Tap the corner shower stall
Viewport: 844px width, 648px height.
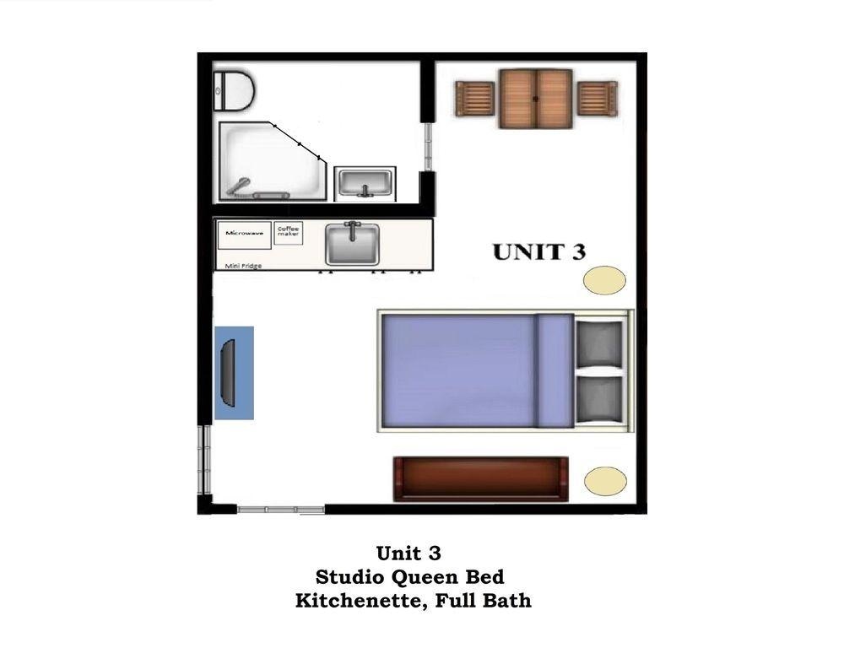272,161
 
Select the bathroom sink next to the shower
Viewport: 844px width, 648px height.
365,184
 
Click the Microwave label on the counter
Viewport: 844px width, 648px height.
245,233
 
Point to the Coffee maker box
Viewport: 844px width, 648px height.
288,233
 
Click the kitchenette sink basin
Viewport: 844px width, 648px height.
352,244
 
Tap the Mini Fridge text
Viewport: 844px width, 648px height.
243,266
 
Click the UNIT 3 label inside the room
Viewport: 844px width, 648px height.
539,252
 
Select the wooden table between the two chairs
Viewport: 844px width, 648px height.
536,99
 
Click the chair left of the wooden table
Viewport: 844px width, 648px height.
474,99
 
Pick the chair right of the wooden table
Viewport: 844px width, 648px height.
598,98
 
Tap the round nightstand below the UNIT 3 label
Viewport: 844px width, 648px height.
605,280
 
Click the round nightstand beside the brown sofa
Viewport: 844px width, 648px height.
605,481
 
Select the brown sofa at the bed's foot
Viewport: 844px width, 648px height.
481,479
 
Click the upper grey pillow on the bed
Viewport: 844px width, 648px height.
599,343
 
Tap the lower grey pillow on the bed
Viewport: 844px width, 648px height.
599,399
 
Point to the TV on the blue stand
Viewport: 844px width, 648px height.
228,372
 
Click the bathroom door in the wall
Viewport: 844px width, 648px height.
429,147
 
